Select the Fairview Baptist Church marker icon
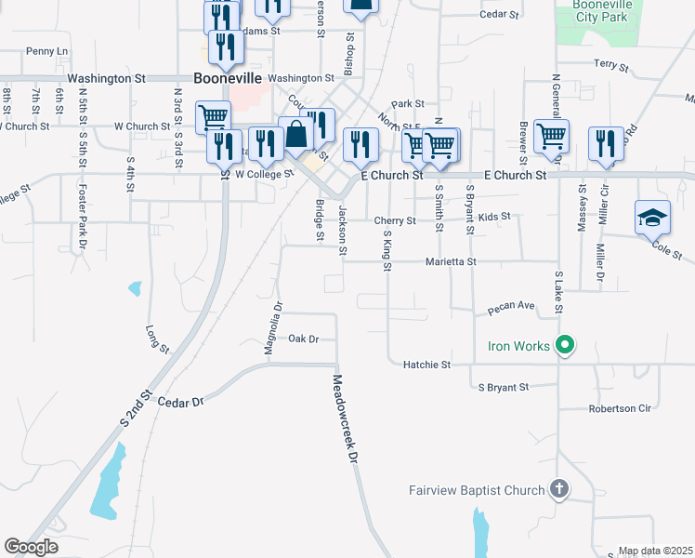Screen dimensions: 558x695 [x=558, y=488]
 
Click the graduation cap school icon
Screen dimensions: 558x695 [x=652, y=219]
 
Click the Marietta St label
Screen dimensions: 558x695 [x=452, y=262]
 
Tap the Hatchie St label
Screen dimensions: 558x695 [x=426, y=365]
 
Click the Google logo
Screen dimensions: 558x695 [x=31, y=547]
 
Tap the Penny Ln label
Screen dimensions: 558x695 [x=47, y=50]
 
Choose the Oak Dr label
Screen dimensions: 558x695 [x=303, y=339]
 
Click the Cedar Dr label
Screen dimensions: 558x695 [x=180, y=402]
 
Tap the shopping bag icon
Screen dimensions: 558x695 [x=295, y=133]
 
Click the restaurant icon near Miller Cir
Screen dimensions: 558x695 [x=606, y=143]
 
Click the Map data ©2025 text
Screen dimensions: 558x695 [x=655, y=551]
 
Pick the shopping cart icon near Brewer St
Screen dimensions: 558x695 [x=551, y=137]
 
